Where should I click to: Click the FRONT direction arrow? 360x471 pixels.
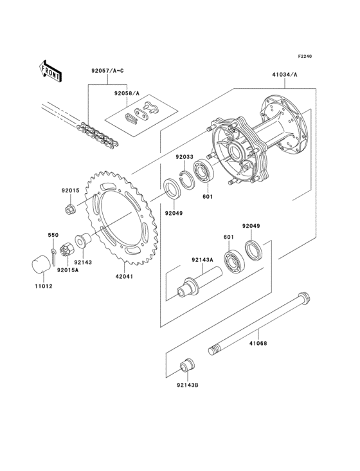51,69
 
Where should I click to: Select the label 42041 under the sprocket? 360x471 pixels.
124,277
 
